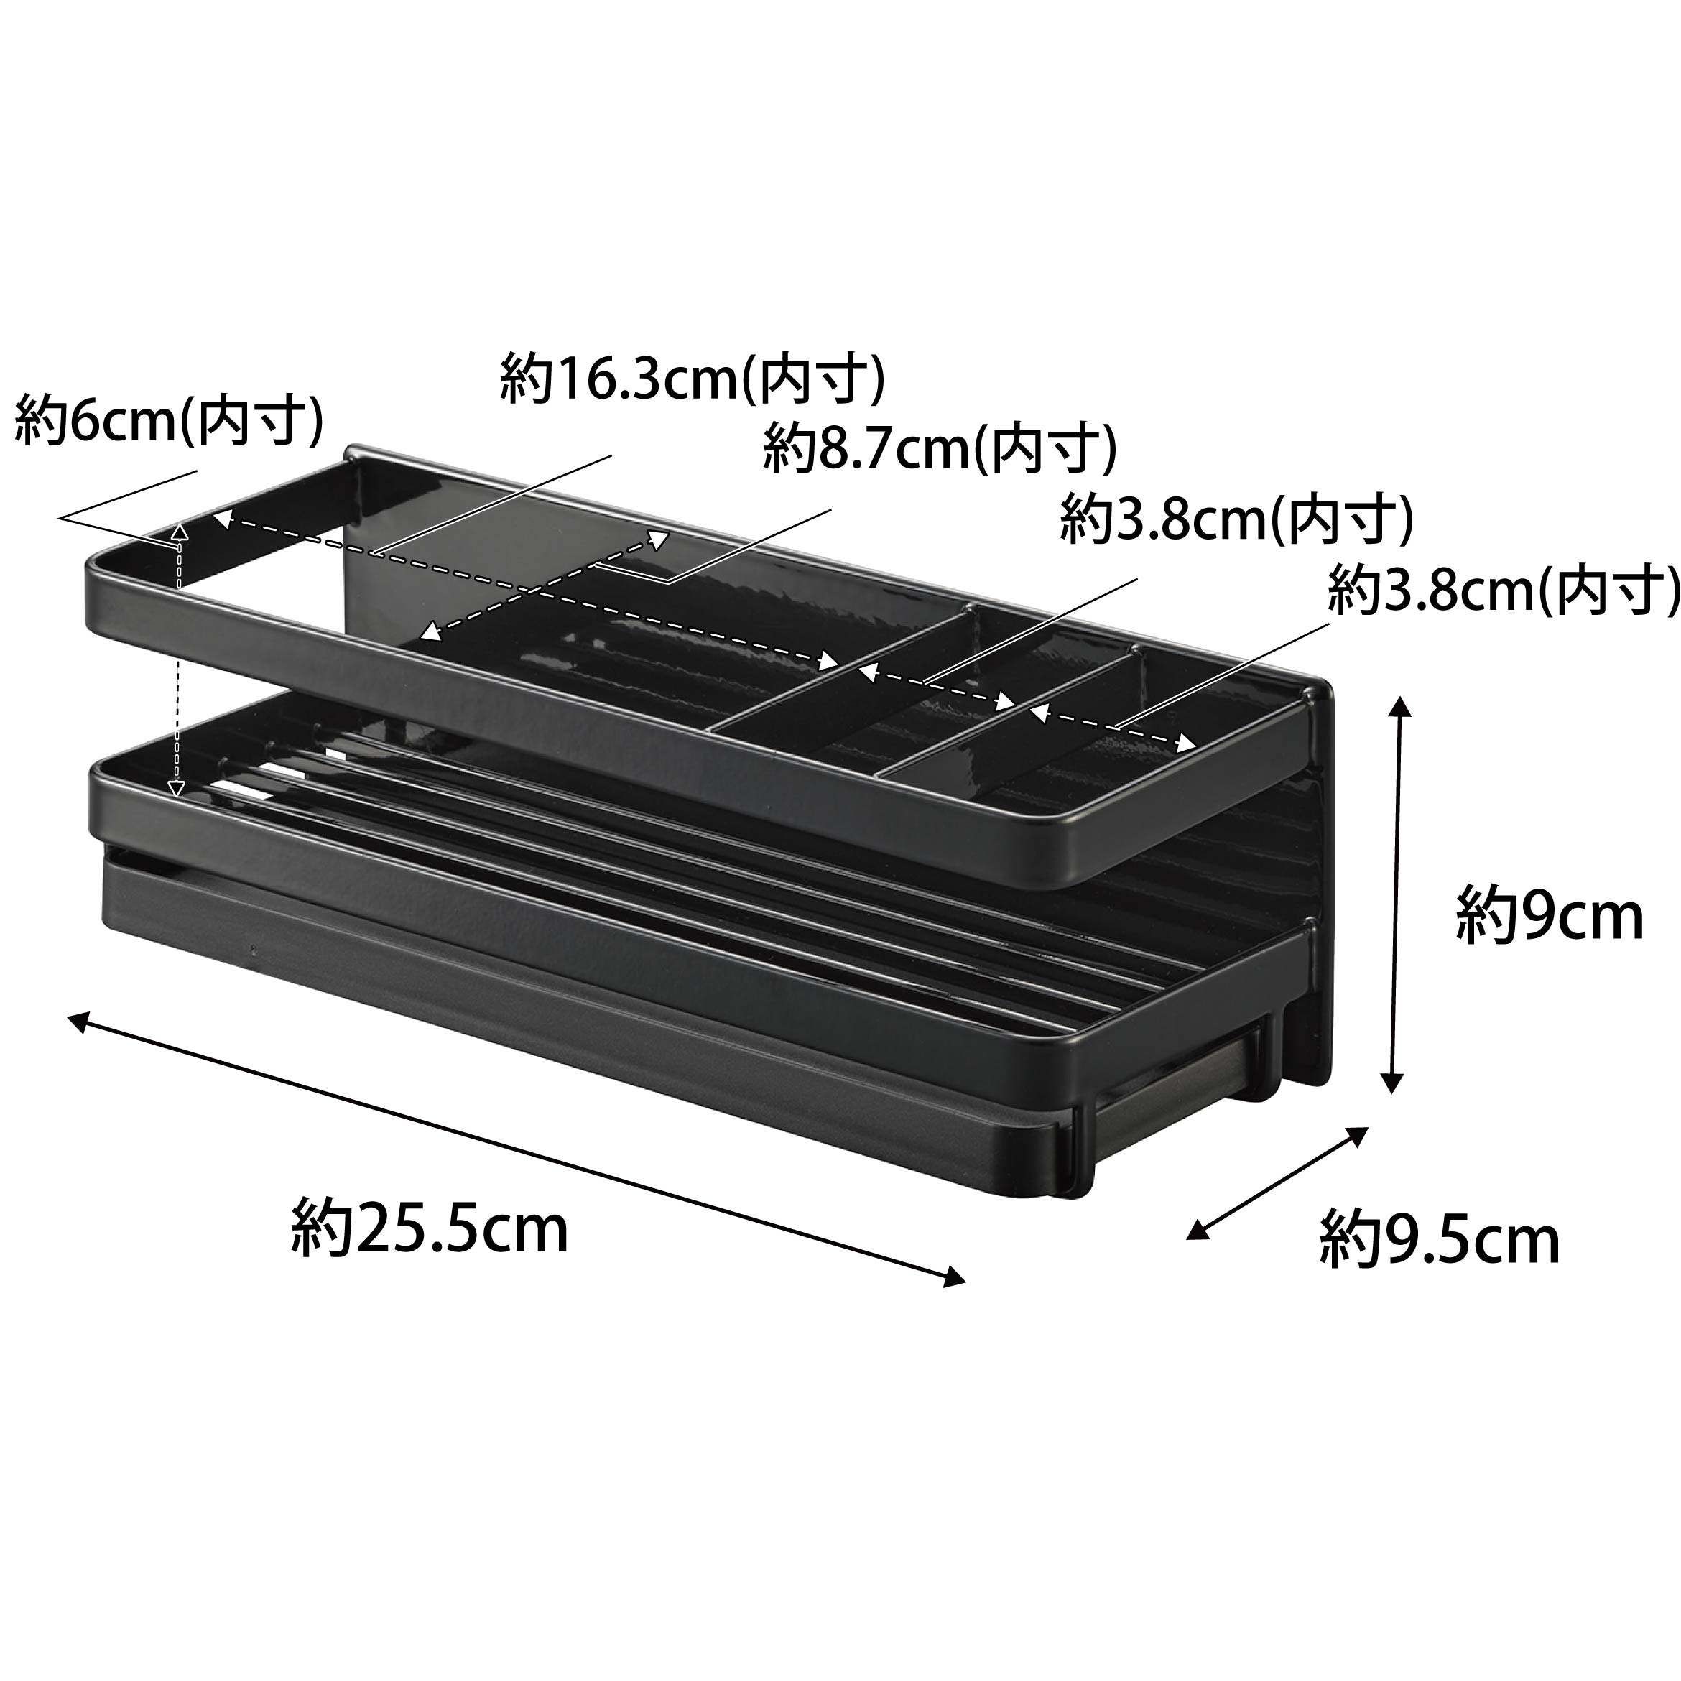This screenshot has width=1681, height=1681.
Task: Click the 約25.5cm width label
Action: (429, 1227)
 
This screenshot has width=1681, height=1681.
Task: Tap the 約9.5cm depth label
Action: (1439, 1239)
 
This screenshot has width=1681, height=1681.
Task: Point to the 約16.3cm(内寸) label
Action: (693, 379)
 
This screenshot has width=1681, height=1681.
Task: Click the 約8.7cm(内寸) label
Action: (940, 448)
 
